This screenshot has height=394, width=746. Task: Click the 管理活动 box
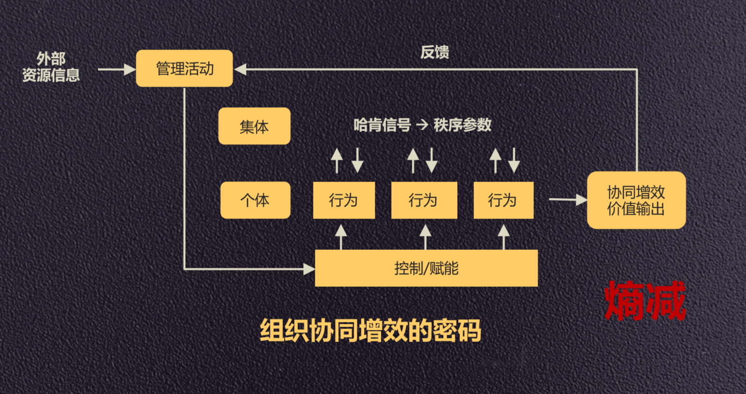click(184, 68)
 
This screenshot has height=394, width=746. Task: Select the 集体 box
click(254, 126)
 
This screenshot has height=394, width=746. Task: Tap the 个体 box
click(255, 200)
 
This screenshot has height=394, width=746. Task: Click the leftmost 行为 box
click(344, 200)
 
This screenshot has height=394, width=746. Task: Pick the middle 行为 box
click(424, 200)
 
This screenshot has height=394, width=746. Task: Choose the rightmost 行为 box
click(503, 200)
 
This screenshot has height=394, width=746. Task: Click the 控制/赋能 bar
click(426, 268)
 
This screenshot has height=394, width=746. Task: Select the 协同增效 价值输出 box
click(636, 200)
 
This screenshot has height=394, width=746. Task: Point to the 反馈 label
click(434, 52)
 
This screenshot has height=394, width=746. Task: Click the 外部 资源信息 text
click(51, 67)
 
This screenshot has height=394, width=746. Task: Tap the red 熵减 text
click(645, 301)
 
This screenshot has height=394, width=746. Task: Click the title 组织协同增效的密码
click(370, 330)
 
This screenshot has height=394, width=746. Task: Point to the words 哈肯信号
click(382, 125)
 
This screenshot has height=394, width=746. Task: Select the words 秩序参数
click(462, 125)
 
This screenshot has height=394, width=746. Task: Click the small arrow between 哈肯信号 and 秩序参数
click(422, 125)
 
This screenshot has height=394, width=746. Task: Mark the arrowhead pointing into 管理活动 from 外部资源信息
click(129, 69)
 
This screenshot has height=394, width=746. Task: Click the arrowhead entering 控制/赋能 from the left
click(309, 269)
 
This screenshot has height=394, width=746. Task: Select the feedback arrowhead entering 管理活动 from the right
click(241, 69)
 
